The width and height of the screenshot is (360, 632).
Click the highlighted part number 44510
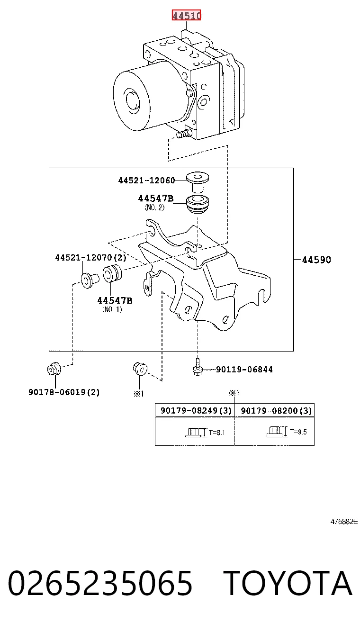pyautogui.click(x=186, y=15)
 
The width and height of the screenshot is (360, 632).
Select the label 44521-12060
pyautogui.click(x=146, y=181)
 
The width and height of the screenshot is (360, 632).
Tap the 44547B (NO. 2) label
pyautogui.click(x=155, y=203)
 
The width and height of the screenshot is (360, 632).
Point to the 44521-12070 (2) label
pyautogui.click(x=90, y=257)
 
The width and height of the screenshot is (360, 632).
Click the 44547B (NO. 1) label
pyautogui.click(x=115, y=305)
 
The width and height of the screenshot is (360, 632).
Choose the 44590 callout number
pyautogui.click(x=316, y=260)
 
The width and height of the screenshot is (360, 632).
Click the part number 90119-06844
pyautogui.click(x=244, y=370)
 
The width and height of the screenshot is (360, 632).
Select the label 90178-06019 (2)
pyautogui.click(x=64, y=392)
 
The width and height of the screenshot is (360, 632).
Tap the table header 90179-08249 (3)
pyautogui.click(x=196, y=410)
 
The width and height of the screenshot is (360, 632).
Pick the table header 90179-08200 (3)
pyautogui.click(x=276, y=411)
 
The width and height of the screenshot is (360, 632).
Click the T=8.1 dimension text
pyautogui.click(x=216, y=432)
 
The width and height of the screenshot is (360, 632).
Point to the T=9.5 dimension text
pyautogui.click(x=298, y=432)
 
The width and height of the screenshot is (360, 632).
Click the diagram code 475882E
pyautogui.click(x=344, y=522)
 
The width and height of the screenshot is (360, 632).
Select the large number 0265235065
pyautogui.click(x=100, y=583)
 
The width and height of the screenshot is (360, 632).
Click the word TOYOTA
pyautogui.click(x=288, y=583)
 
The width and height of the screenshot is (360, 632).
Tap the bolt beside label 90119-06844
pyautogui.click(x=198, y=367)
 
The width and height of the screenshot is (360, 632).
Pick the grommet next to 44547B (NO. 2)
pyautogui.click(x=197, y=204)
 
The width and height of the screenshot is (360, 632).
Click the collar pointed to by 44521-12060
pyautogui.click(x=198, y=181)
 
